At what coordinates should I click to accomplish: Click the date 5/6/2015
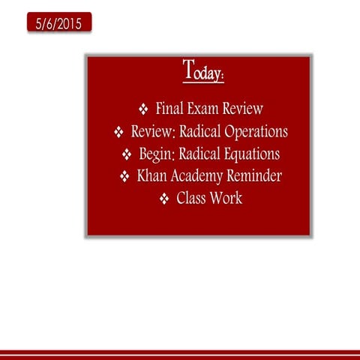(x=58, y=23)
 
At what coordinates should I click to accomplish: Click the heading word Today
(x=203, y=72)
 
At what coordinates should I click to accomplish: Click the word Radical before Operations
(x=196, y=132)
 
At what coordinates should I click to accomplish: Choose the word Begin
(x=157, y=154)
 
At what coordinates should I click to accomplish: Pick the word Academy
(x=197, y=177)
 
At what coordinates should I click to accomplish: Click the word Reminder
(x=254, y=177)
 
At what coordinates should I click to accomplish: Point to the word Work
(x=227, y=199)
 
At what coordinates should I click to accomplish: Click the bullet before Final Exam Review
(x=144, y=110)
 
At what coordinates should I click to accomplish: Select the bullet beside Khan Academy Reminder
(x=125, y=178)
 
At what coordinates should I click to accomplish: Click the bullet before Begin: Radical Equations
(x=127, y=155)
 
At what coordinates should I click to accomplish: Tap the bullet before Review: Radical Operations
(x=118, y=133)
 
